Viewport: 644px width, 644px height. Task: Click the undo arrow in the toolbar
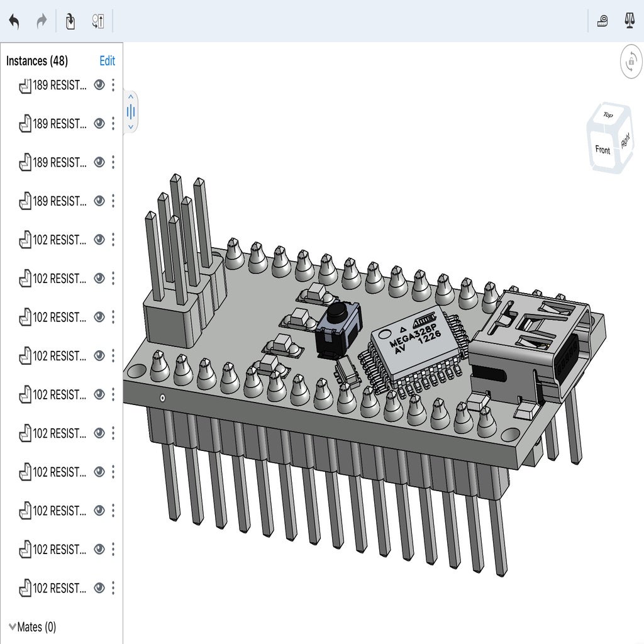(14, 21)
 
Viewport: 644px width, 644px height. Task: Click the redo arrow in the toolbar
(42, 21)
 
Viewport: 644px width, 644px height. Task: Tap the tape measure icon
(602, 21)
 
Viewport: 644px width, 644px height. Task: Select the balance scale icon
(629, 21)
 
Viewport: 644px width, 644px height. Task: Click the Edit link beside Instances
(107, 61)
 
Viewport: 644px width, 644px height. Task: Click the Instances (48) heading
(37, 61)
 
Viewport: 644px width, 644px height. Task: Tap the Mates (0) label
(36, 626)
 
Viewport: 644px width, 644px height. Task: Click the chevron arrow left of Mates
(13, 626)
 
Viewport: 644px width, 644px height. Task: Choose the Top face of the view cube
(608, 115)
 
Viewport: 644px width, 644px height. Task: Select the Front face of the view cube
(602, 150)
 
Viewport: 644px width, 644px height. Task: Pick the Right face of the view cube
(625, 141)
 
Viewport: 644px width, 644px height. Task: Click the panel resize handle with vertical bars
(131, 112)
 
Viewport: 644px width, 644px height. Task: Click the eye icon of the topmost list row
(99, 85)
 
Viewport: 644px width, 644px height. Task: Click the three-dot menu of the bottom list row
(113, 588)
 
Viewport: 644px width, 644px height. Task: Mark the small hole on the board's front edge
(163, 397)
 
